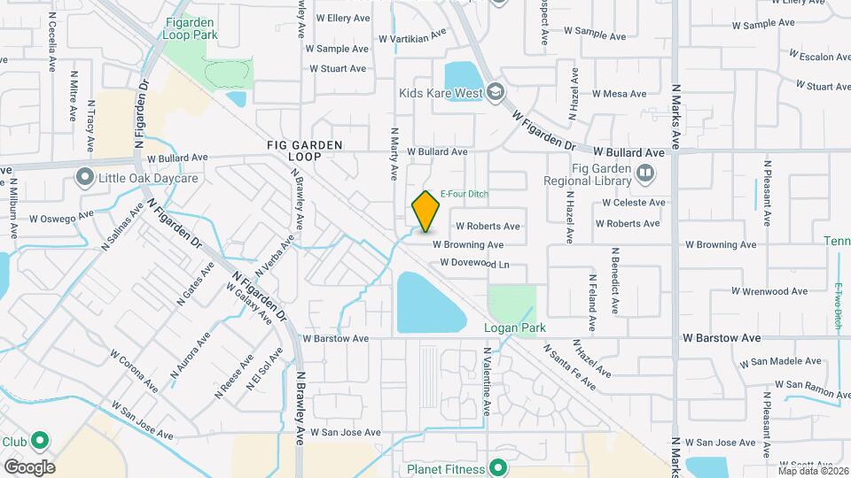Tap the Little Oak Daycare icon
84,177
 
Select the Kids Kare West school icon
496,92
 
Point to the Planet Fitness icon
499,468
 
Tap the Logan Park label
514,328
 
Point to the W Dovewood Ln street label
475,264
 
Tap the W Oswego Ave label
61,216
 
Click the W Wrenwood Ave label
769,291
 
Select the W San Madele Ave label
773,360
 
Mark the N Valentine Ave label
487,382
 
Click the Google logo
29,466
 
